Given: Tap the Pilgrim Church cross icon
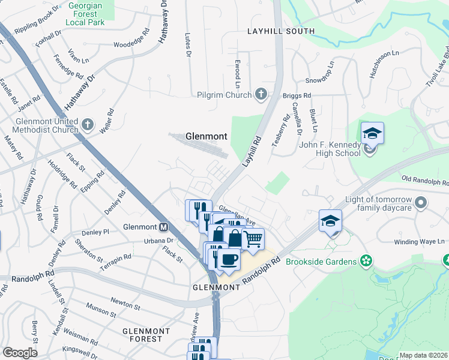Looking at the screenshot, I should click(261, 94).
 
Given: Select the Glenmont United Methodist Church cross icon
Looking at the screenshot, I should click(88, 125).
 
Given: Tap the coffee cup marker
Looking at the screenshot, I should click(228, 260).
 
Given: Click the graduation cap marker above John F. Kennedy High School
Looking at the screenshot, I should click(372, 133).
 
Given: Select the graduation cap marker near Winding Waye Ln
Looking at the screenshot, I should click(330, 221).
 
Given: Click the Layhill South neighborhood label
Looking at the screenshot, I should click(281, 31).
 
